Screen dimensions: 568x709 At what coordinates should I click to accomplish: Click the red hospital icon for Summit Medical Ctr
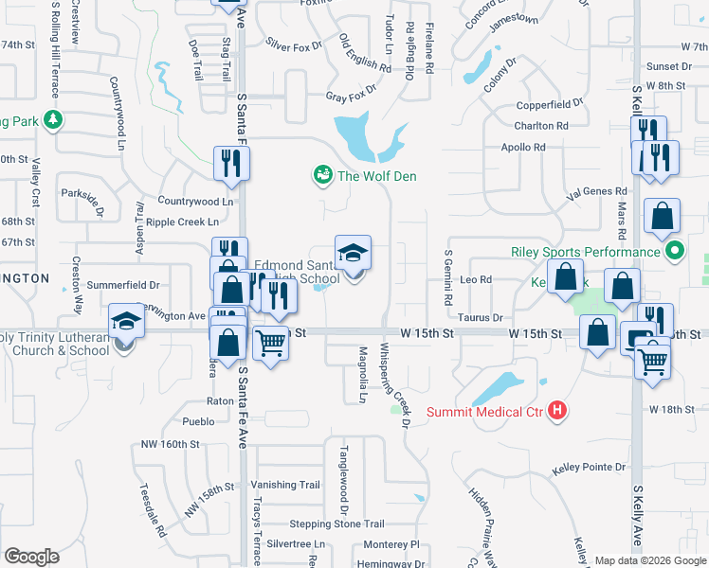(x=558, y=411)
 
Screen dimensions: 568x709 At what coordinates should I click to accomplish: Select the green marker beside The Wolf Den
(x=322, y=175)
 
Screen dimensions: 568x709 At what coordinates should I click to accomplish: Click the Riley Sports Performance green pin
(x=674, y=252)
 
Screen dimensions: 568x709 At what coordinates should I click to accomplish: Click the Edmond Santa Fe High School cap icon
(x=353, y=253)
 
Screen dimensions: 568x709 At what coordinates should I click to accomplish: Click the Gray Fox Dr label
(x=351, y=97)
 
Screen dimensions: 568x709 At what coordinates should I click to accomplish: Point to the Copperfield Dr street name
(x=549, y=104)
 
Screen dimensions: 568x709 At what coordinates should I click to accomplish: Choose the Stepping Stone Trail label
(x=336, y=524)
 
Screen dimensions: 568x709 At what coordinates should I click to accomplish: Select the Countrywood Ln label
(x=194, y=201)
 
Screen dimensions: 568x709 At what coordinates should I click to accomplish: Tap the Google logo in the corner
(x=31, y=556)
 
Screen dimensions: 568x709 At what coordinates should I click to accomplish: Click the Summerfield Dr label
(x=122, y=284)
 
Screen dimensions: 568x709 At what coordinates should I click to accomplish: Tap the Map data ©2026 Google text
(x=650, y=560)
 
